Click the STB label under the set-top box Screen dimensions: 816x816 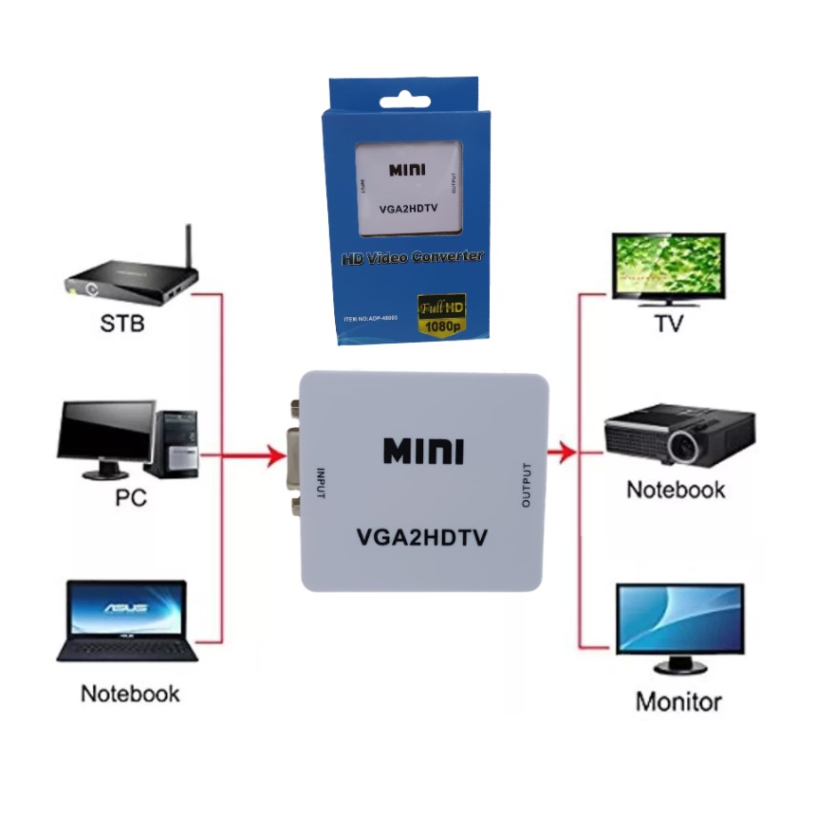point(122,325)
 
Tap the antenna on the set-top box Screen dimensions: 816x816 point(188,247)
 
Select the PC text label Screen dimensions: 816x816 point(131,497)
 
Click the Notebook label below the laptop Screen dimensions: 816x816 point(130,694)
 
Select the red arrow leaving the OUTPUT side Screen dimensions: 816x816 point(564,453)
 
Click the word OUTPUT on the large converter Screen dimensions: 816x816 point(528,483)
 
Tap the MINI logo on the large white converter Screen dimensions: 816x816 point(423,451)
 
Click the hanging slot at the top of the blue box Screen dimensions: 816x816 point(409,102)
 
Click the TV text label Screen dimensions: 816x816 point(669,324)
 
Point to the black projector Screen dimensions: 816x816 point(679,435)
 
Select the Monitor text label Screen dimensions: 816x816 point(678,702)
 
